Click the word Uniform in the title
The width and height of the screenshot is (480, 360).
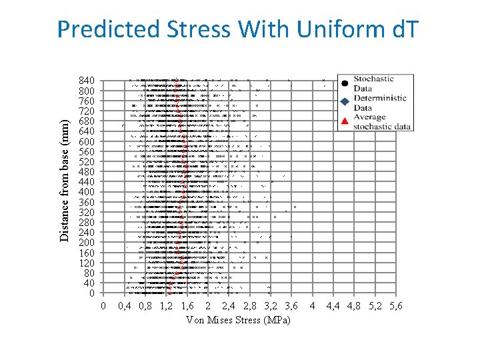coord(333,29)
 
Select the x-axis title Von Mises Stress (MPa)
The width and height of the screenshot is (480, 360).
coord(239,320)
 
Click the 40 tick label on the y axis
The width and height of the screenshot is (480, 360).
coord(89,283)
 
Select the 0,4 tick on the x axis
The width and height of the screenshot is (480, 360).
coord(124,307)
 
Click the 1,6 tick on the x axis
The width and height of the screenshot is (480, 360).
coord(187,307)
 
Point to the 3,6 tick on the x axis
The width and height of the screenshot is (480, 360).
coord(291,307)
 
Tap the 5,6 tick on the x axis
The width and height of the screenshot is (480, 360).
coord(395,307)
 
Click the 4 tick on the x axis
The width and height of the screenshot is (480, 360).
coord(313,307)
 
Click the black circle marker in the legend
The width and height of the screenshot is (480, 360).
coord(344,83)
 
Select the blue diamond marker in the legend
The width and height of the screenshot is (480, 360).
coord(344,102)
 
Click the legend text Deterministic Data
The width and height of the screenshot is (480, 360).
coord(380,103)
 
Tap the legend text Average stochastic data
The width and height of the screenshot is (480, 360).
coord(381,122)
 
